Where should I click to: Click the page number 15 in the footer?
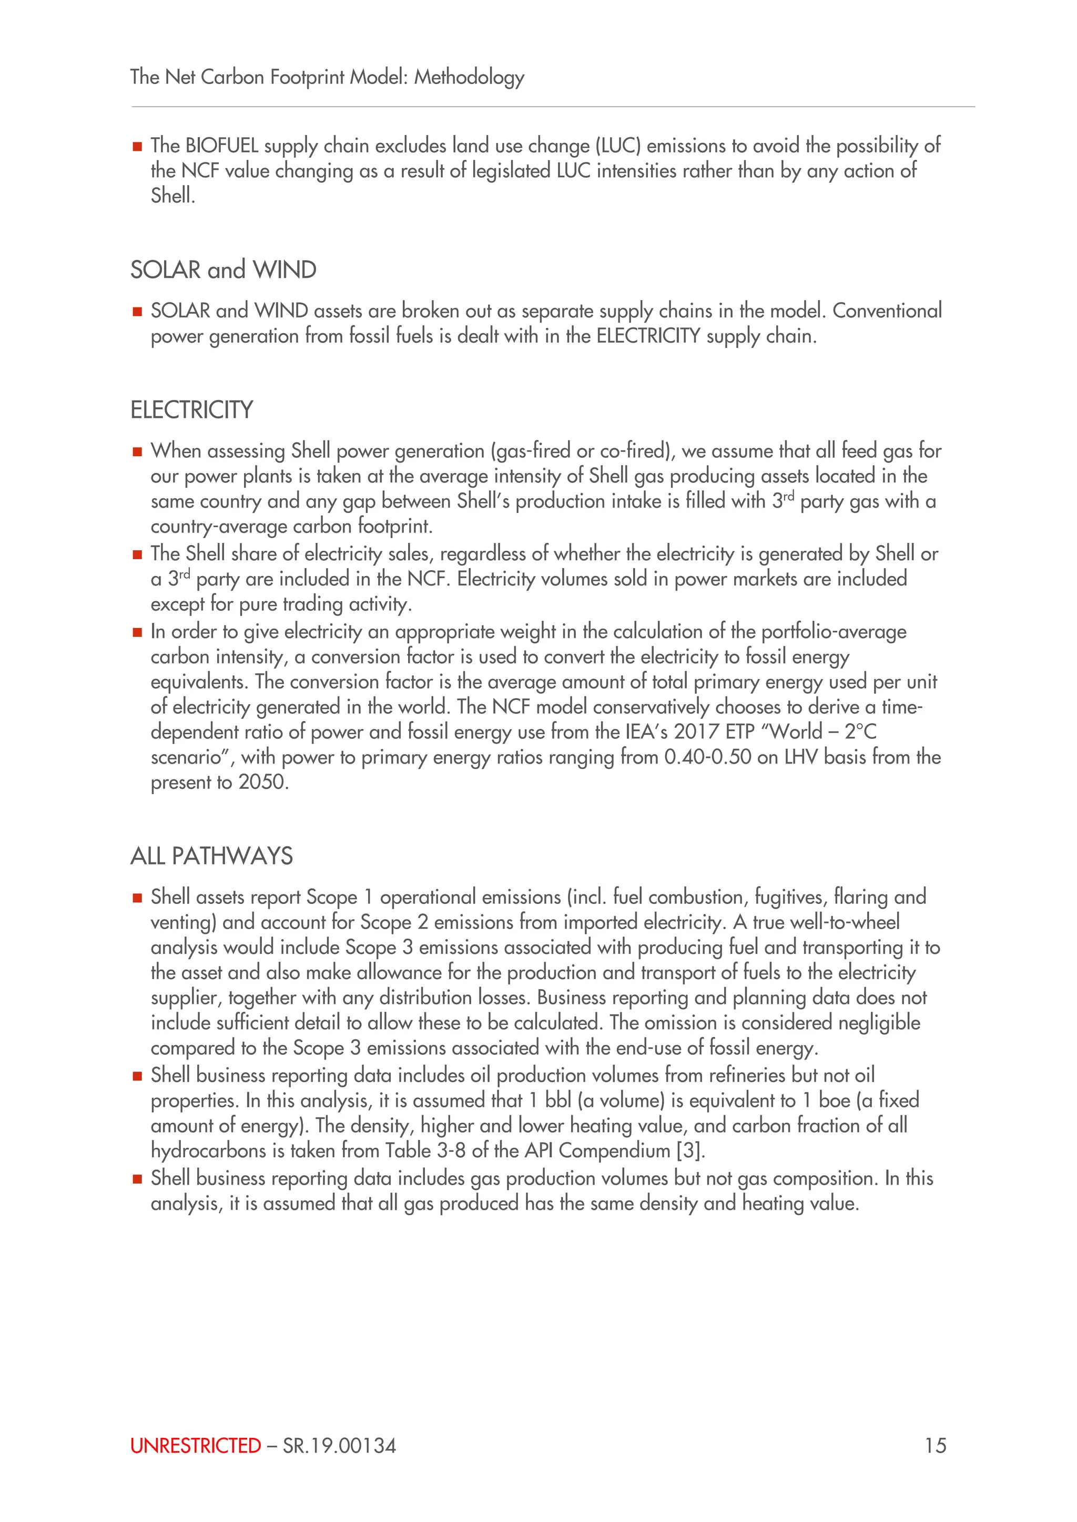(x=935, y=1445)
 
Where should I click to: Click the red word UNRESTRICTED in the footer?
(x=196, y=1445)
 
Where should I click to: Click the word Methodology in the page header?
(x=469, y=78)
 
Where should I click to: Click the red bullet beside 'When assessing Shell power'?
(x=137, y=452)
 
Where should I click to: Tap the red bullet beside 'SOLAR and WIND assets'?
(x=137, y=312)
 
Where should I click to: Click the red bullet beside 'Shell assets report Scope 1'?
(x=137, y=898)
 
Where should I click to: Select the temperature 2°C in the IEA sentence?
(x=860, y=732)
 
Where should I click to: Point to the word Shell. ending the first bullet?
(x=172, y=196)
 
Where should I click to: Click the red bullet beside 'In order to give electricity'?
(x=137, y=632)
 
